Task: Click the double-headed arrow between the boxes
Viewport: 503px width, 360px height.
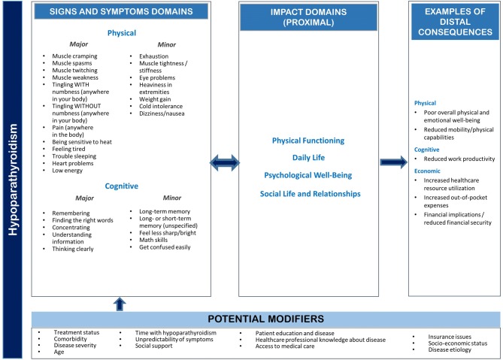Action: pos(225,161)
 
